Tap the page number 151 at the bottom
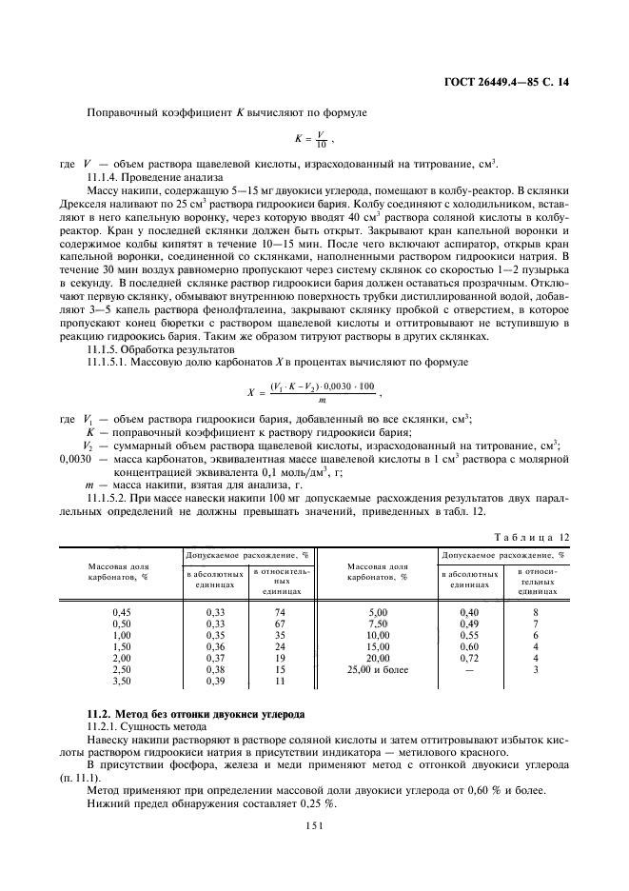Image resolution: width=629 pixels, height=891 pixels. coord(314,826)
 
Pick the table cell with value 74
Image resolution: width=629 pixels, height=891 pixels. coord(280,612)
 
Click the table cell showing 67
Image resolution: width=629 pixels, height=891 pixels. coord(280,624)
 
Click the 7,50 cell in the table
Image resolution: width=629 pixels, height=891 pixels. coord(378,624)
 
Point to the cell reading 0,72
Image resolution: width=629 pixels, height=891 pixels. coord(469,658)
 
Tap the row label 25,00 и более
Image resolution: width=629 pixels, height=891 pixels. coord(378,669)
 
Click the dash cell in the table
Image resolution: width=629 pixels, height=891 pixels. coord(469,669)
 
